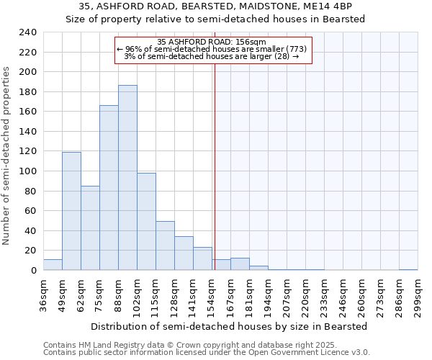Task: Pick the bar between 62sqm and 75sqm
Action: click(x=90, y=228)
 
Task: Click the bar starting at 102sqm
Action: click(x=146, y=222)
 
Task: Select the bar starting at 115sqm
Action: click(x=165, y=246)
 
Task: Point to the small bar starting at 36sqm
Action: click(x=53, y=265)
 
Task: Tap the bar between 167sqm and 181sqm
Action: click(x=240, y=264)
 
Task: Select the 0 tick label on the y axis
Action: click(x=33, y=271)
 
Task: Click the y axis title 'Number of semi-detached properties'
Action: click(x=7, y=156)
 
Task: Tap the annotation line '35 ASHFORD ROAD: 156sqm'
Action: click(x=212, y=42)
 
